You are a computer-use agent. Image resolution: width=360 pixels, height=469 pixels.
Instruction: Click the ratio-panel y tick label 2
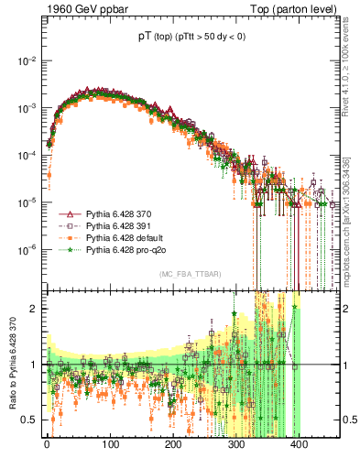(x=33, y=309)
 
